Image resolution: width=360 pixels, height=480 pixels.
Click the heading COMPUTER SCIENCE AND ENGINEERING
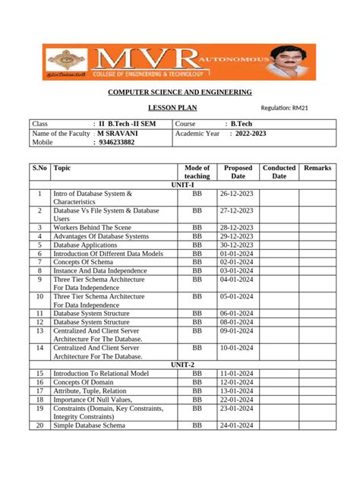(179, 92)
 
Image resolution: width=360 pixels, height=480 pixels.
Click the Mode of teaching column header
(197, 172)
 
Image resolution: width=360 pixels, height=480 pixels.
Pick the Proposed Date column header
(238, 172)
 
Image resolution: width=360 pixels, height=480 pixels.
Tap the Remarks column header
(317, 167)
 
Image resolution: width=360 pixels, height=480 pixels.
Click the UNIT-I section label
(182, 185)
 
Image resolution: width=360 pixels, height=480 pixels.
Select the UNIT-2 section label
(182, 365)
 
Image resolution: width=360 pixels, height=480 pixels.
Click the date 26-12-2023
(238, 194)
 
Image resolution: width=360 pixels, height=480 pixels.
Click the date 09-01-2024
(238, 331)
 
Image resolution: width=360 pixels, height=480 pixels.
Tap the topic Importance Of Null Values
(93, 399)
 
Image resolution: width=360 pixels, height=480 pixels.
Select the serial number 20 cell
(39, 425)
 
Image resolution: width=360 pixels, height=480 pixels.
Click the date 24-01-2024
(238, 425)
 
